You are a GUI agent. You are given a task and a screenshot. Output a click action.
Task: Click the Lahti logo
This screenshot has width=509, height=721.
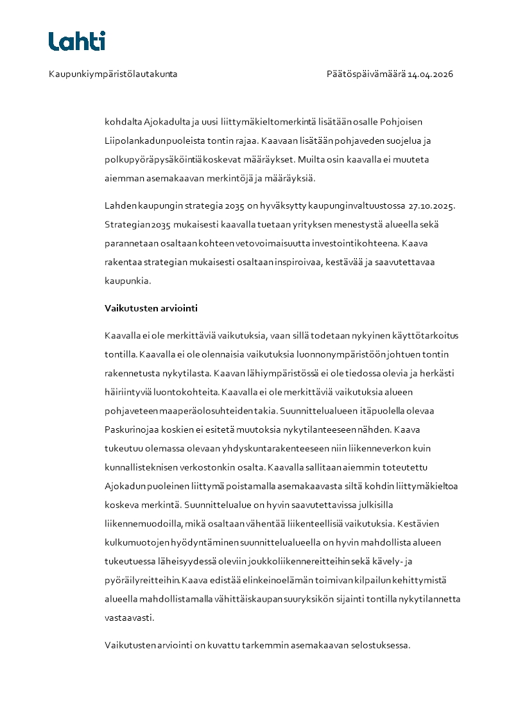coord(77,41)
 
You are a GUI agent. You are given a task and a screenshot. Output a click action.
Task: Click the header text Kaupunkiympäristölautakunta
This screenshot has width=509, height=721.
coord(113,74)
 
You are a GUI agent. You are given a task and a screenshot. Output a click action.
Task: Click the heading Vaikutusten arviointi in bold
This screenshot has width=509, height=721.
coord(151,308)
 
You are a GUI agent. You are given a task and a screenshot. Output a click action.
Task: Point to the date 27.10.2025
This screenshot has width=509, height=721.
coord(431,205)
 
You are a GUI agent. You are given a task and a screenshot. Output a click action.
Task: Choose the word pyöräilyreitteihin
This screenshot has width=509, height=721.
coord(142,580)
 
